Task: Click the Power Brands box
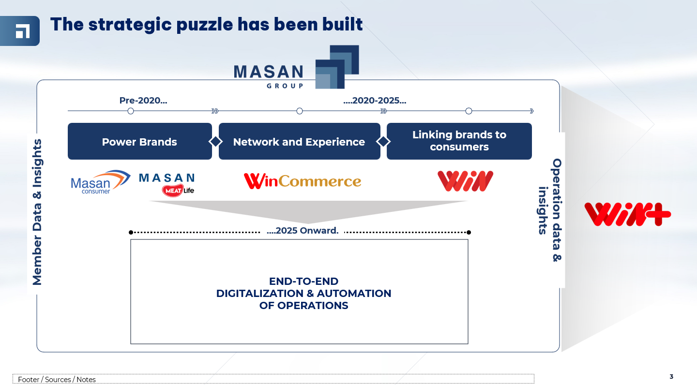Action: click(x=140, y=141)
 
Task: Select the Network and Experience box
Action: click(x=299, y=141)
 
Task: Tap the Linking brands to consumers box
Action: click(x=459, y=141)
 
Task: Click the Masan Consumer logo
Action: click(x=101, y=182)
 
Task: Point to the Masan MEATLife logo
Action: click(x=167, y=185)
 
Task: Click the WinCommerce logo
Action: click(x=303, y=181)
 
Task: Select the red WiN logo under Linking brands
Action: click(x=465, y=181)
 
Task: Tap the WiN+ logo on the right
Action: click(x=628, y=214)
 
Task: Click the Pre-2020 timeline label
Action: click(x=143, y=101)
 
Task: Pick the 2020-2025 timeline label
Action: click(x=375, y=101)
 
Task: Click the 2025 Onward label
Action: click(x=303, y=230)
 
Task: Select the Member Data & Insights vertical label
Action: click(x=37, y=212)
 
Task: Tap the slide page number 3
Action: click(x=671, y=377)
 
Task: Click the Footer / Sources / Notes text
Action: click(x=57, y=379)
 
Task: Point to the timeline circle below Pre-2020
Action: click(x=131, y=111)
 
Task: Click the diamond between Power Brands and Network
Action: click(x=215, y=142)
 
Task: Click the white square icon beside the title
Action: click(x=23, y=31)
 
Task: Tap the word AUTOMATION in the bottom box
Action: click(x=354, y=293)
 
